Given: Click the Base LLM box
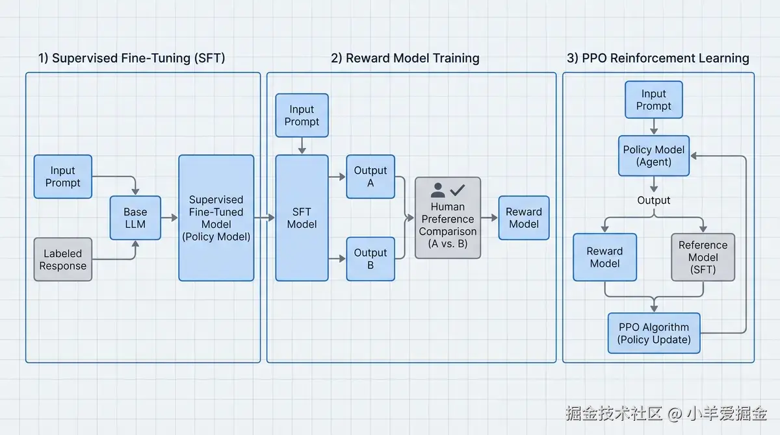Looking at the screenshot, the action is (x=135, y=218).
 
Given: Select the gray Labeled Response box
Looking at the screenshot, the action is (x=63, y=260).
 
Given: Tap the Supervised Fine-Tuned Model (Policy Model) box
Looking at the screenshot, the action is (x=216, y=218).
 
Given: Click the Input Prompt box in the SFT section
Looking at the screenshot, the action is (x=63, y=177).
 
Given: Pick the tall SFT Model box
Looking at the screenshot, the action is (x=302, y=218).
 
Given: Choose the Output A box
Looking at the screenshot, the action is (x=370, y=177).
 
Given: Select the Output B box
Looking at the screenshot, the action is (x=370, y=259).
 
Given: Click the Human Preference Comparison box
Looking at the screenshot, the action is (x=448, y=218).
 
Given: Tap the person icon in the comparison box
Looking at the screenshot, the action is (x=437, y=190).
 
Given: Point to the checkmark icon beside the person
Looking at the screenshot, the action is (x=458, y=190).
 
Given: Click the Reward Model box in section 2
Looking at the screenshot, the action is (x=524, y=218).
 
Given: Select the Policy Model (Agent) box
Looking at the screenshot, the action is (x=654, y=156).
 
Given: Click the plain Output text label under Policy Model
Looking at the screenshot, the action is (x=654, y=200).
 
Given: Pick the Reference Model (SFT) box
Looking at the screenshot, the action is (x=703, y=257).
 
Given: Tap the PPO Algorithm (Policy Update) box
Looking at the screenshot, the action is (x=654, y=333).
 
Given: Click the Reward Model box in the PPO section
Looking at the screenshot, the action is (x=605, y=257).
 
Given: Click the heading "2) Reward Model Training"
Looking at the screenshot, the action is (x=405, y=58).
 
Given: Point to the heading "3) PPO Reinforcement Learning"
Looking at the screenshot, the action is (x=658, y=58).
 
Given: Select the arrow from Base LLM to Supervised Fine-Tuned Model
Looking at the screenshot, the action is (x=170, y=218).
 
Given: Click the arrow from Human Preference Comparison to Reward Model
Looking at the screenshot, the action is (x=489, y=218).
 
